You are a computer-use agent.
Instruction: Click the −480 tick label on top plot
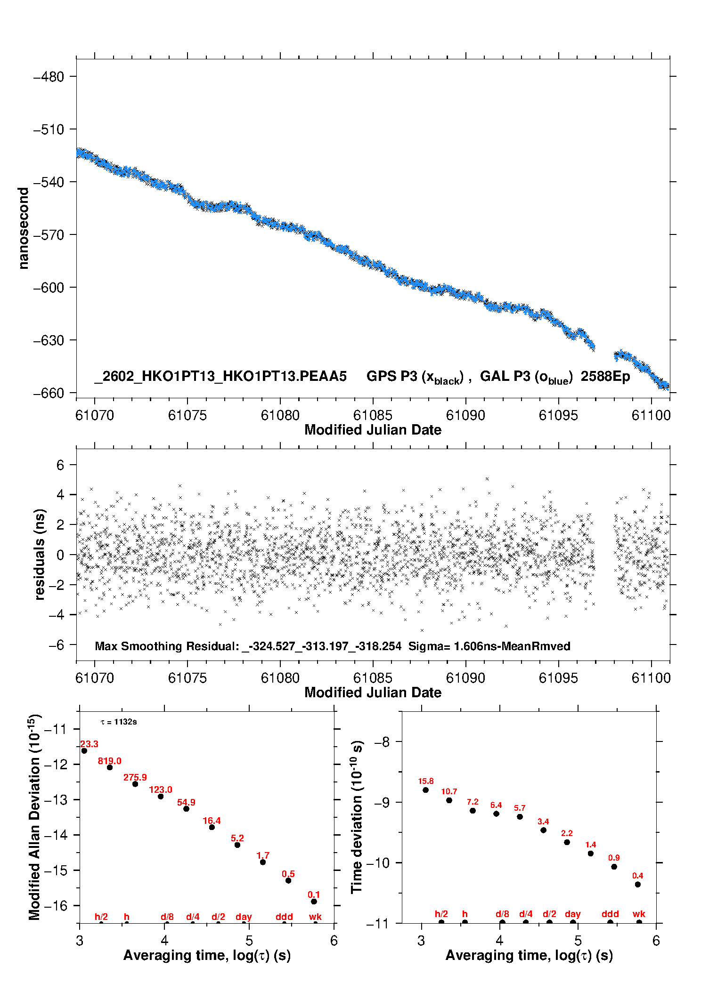pos(49,77)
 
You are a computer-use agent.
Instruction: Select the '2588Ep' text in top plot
pos(605,376)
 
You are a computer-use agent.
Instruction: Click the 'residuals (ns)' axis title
pos(40,554)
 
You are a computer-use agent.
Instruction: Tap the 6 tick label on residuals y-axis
pos(60,465)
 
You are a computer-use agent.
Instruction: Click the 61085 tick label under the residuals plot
pos(373,678)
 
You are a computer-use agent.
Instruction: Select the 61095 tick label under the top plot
pos(558,415)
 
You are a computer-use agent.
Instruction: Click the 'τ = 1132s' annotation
pos(119,722)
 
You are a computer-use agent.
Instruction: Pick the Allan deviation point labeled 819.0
pos(110,767)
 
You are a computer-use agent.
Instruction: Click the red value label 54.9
pos(186,802)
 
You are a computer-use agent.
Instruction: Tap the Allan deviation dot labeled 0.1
pos(314,902)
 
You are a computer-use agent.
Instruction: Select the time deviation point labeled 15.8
pos(425,790)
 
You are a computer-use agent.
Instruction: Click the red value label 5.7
pos(520,808)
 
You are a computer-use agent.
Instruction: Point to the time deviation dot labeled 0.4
pos(637,885)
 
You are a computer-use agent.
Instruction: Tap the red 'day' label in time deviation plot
pos(573,914)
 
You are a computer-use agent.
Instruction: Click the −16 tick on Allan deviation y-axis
pos(55,905)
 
